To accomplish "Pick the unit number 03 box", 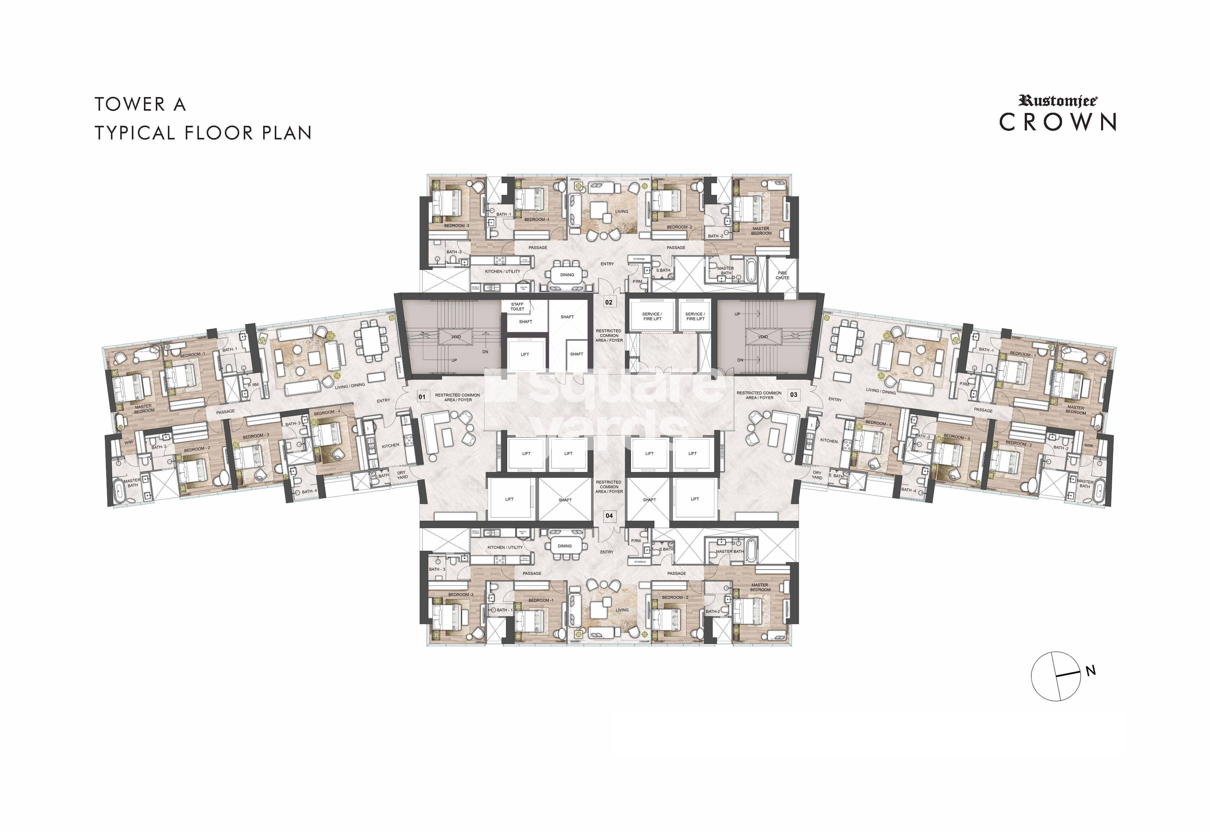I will (794, 395).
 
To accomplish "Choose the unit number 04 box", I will (609, 516).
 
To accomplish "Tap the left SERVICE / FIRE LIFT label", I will (652, 316).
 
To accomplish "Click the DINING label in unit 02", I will (567, 275).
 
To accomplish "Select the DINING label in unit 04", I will (565, 546).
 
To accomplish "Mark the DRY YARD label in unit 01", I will (402, 475).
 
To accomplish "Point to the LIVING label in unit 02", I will (621, 211).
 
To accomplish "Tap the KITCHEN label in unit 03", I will (829, 440).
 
